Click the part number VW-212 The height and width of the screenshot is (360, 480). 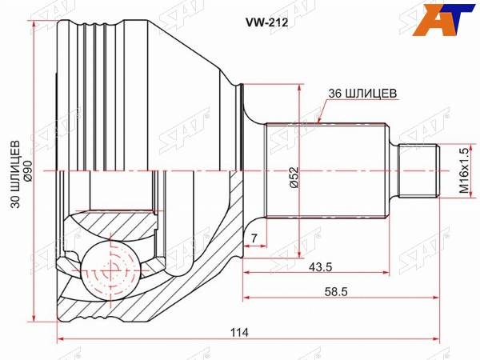coord(266,22)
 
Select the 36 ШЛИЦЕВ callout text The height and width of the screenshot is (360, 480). coord(362,93)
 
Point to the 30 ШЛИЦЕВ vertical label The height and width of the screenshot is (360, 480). coord(16,174)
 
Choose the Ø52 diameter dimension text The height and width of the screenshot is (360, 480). coord(294,178)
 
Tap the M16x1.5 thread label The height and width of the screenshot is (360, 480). coord(464,170)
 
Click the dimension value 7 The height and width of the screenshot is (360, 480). coord(254,238)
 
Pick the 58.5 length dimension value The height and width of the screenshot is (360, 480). coord(336,292)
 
